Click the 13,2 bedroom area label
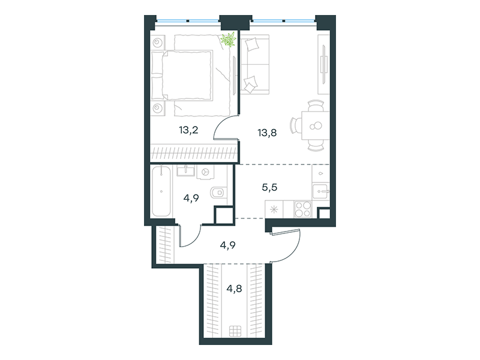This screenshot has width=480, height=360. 188,130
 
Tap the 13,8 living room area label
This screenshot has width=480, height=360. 267,133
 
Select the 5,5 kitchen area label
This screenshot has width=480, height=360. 269,187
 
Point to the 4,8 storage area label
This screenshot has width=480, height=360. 234,289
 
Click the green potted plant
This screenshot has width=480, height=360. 229,40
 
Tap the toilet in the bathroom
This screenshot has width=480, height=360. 218,192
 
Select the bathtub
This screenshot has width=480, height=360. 161,191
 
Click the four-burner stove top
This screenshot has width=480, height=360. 303,209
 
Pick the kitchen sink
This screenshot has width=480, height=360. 320,191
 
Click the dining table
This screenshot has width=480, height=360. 316,125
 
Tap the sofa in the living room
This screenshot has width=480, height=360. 255,64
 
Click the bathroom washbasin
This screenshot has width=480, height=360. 185,171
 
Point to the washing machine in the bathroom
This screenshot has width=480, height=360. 205,172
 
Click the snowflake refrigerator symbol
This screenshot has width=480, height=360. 274,210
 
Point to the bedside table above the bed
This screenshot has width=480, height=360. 158,42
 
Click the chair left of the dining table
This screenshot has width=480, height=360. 295,125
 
